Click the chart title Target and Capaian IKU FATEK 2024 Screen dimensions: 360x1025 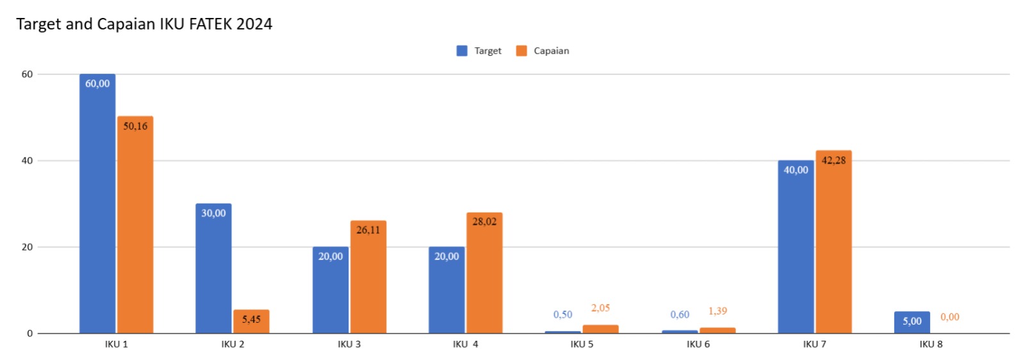click(x=144, y=24)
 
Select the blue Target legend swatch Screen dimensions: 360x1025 click(x=462, y=51)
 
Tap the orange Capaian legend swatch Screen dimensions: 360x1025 click(x=521, y=51)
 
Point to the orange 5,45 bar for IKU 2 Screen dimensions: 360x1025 click(x=251, y=322)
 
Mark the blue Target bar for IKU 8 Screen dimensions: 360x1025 click(x=912, y=322)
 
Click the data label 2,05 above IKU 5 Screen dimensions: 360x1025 click(x=600, y=308)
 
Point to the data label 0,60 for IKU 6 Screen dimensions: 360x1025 click(x=680, y=315)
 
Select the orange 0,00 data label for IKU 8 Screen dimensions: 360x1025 click(x=949, y=317)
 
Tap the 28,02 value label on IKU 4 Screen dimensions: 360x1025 click(x=484, y=222)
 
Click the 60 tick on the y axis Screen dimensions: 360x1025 click(x=27, y=74)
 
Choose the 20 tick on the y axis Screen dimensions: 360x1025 click(x=27, y=247)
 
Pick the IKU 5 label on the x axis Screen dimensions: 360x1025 click(x=582, y=345)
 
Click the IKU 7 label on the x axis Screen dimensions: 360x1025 click(x=814, y=345)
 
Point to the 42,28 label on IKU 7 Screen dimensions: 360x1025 click(x=833, y=160)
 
